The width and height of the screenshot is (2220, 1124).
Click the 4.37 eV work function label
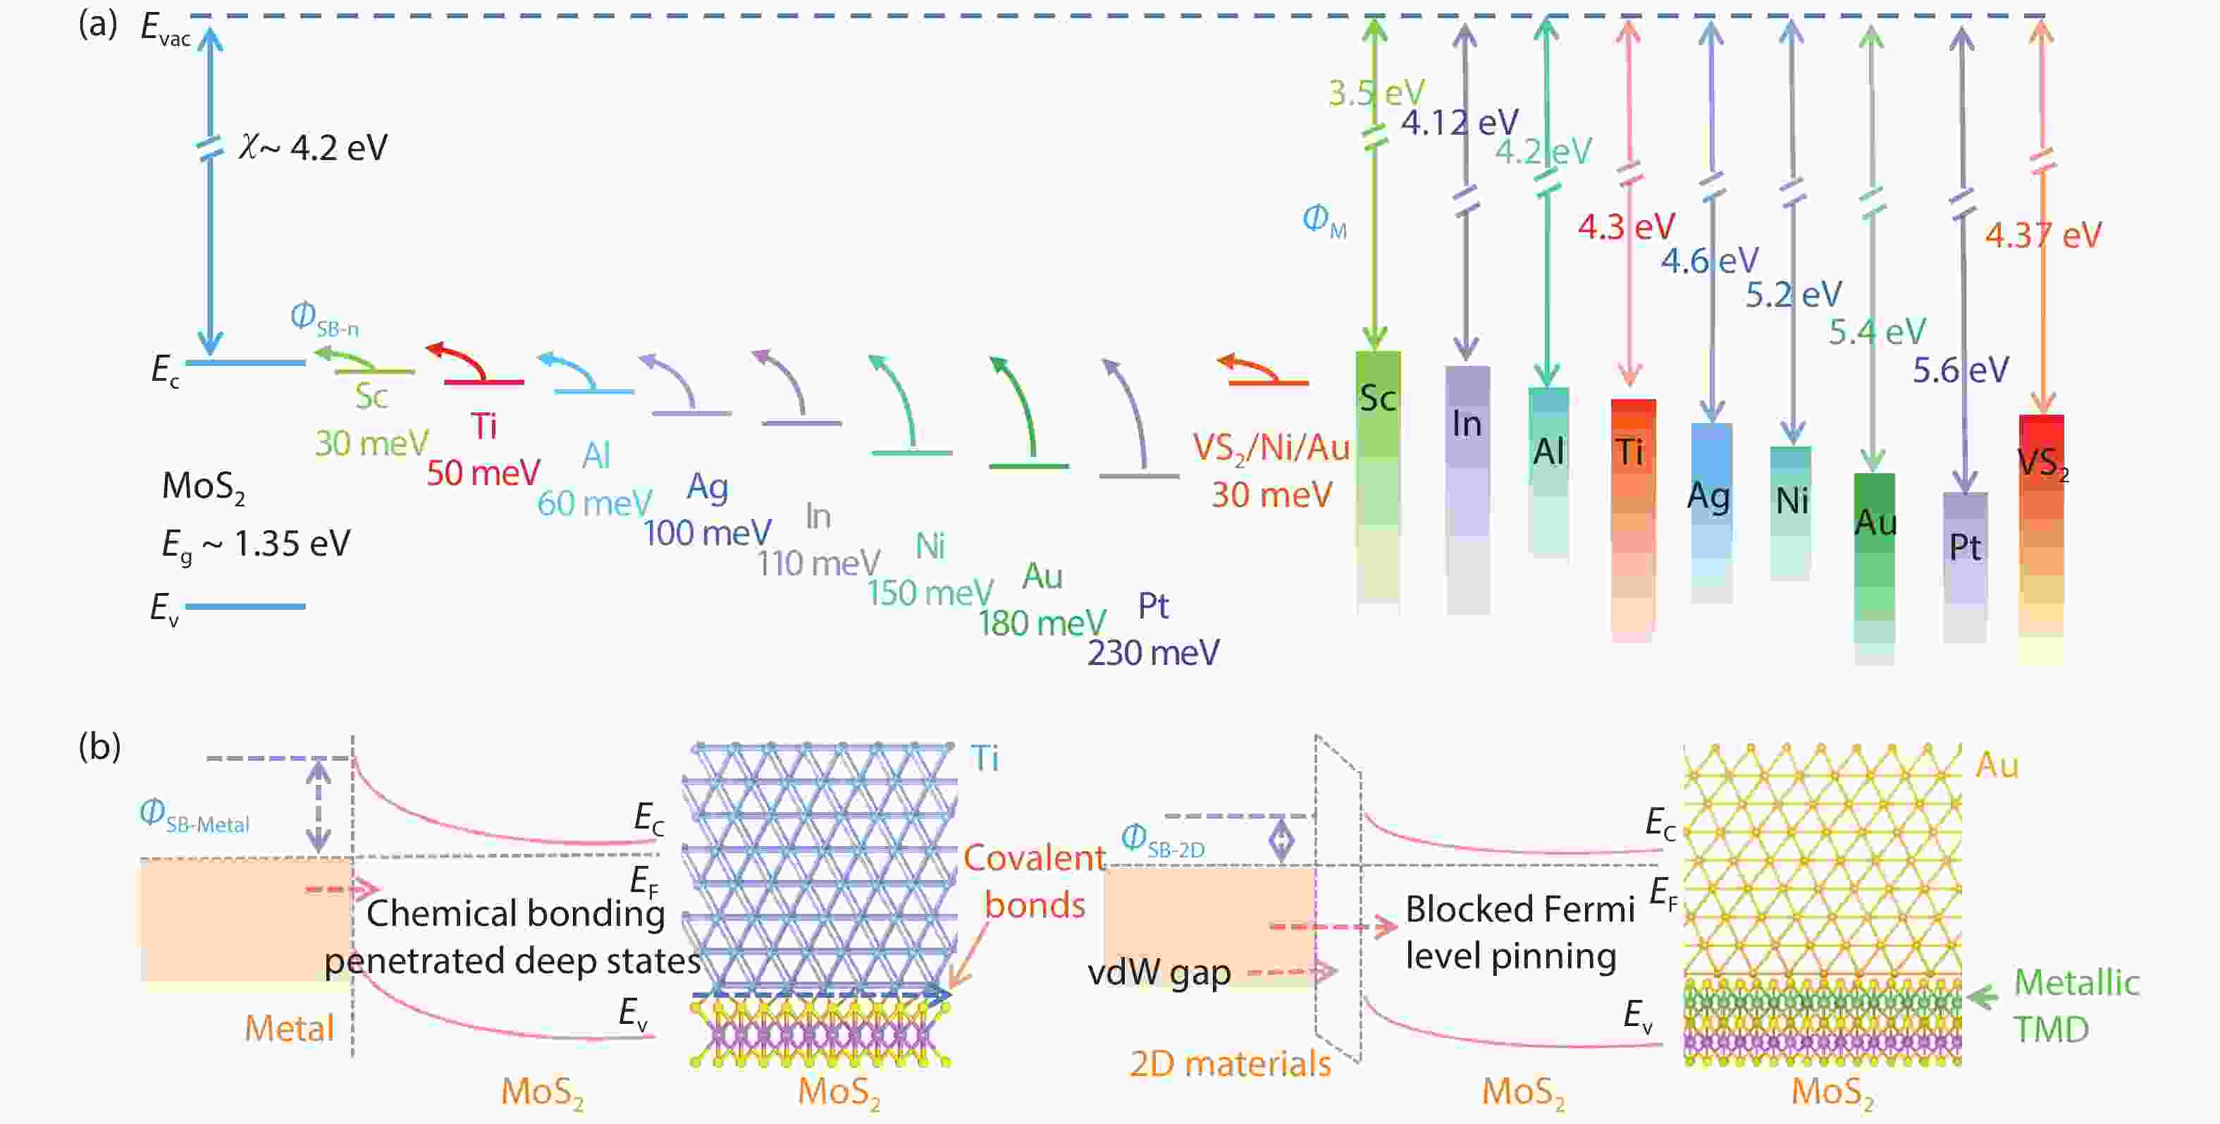[2042, 236]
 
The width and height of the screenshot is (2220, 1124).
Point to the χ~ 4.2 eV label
[314, 148]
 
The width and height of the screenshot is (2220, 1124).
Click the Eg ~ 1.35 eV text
[256, 545]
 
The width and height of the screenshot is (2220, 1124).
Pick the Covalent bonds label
[1034, 881]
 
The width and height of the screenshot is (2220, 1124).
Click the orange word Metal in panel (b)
[289, 1028]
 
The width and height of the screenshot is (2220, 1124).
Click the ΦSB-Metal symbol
[194, 815]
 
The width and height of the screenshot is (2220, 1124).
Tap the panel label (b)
[99, 747]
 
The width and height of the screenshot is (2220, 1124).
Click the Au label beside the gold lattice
[1997, 765]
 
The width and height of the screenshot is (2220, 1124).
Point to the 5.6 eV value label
[1960, 371]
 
